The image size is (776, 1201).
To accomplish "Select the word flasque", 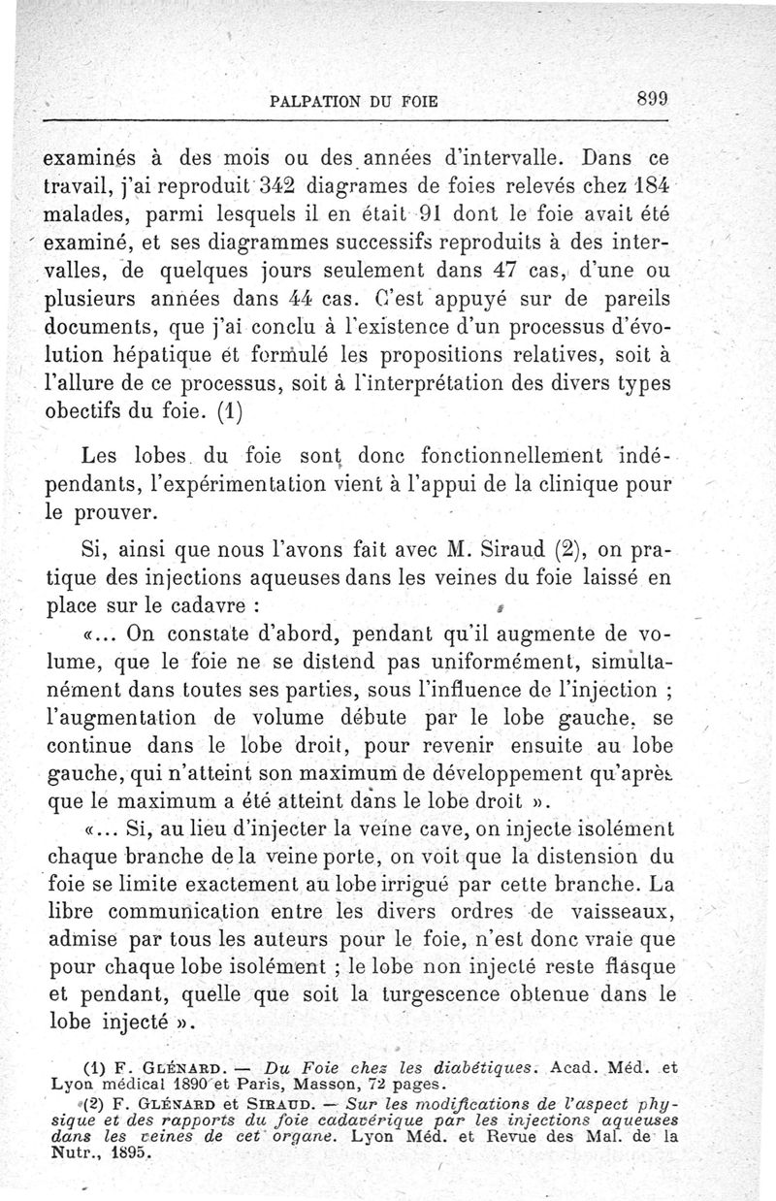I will (631, 967).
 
